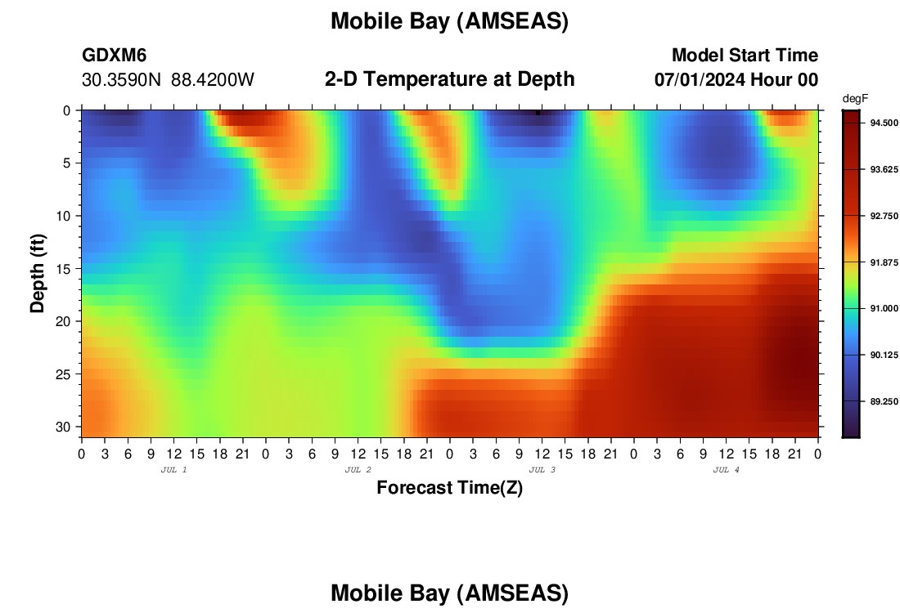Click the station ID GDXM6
click(x=115, y=55)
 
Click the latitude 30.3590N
click(x=121, y=80)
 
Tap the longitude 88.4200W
click(x=213, y=80)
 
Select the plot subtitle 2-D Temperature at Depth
click(x=449, y=79)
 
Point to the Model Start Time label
click(x=745, y=55)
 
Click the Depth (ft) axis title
click(x=38, y=273)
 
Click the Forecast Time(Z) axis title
click(x=449, y=487)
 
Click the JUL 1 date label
click(x=173, y=470)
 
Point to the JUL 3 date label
click(x=542, y=470)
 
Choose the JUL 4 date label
click(x=726, y=470)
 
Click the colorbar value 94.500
click(x=884, y=123)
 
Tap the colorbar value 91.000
click(x=884, y=308)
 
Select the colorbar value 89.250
click(x=884, y=401)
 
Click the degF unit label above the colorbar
click(x=855, y=99)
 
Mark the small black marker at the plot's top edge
click(x=538, y=113)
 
